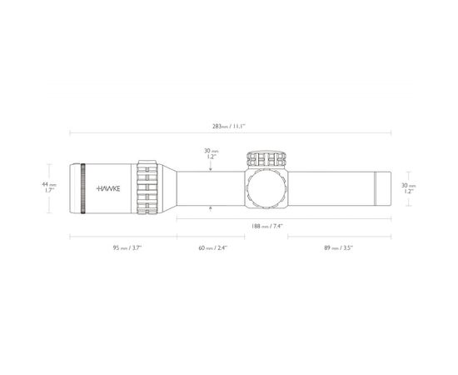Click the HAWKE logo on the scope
(x=108, y=188)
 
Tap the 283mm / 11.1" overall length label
(x=229, y=127)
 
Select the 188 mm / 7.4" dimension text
(x=267, y=226)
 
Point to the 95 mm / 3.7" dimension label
(x=127, y=247)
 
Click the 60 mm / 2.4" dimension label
(x=212, y=247)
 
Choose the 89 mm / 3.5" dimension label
(x=339, y=247)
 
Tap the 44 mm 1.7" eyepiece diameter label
(x=49, y=187)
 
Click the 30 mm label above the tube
(x=212, y=153)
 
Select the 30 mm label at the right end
(x=409, y=188)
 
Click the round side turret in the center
(x=266, y=188)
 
